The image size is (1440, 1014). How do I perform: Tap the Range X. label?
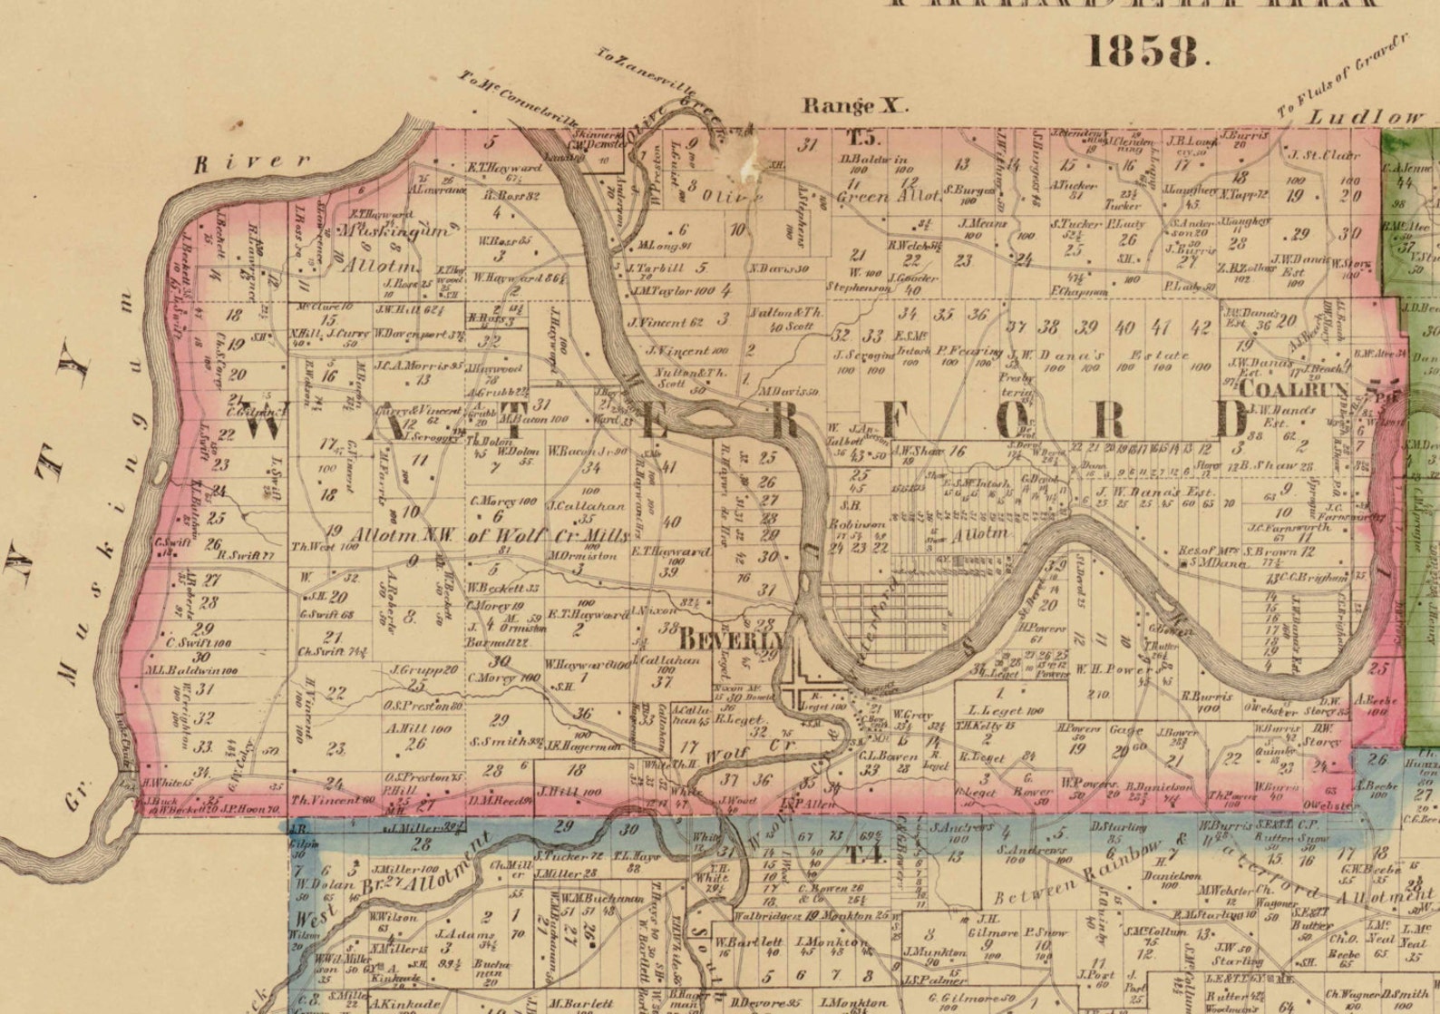point(853,106)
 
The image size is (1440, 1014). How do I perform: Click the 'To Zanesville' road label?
point(646,73)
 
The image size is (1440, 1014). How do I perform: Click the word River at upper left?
point(253,161)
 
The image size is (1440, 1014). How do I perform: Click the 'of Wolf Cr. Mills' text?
point(547,535)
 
